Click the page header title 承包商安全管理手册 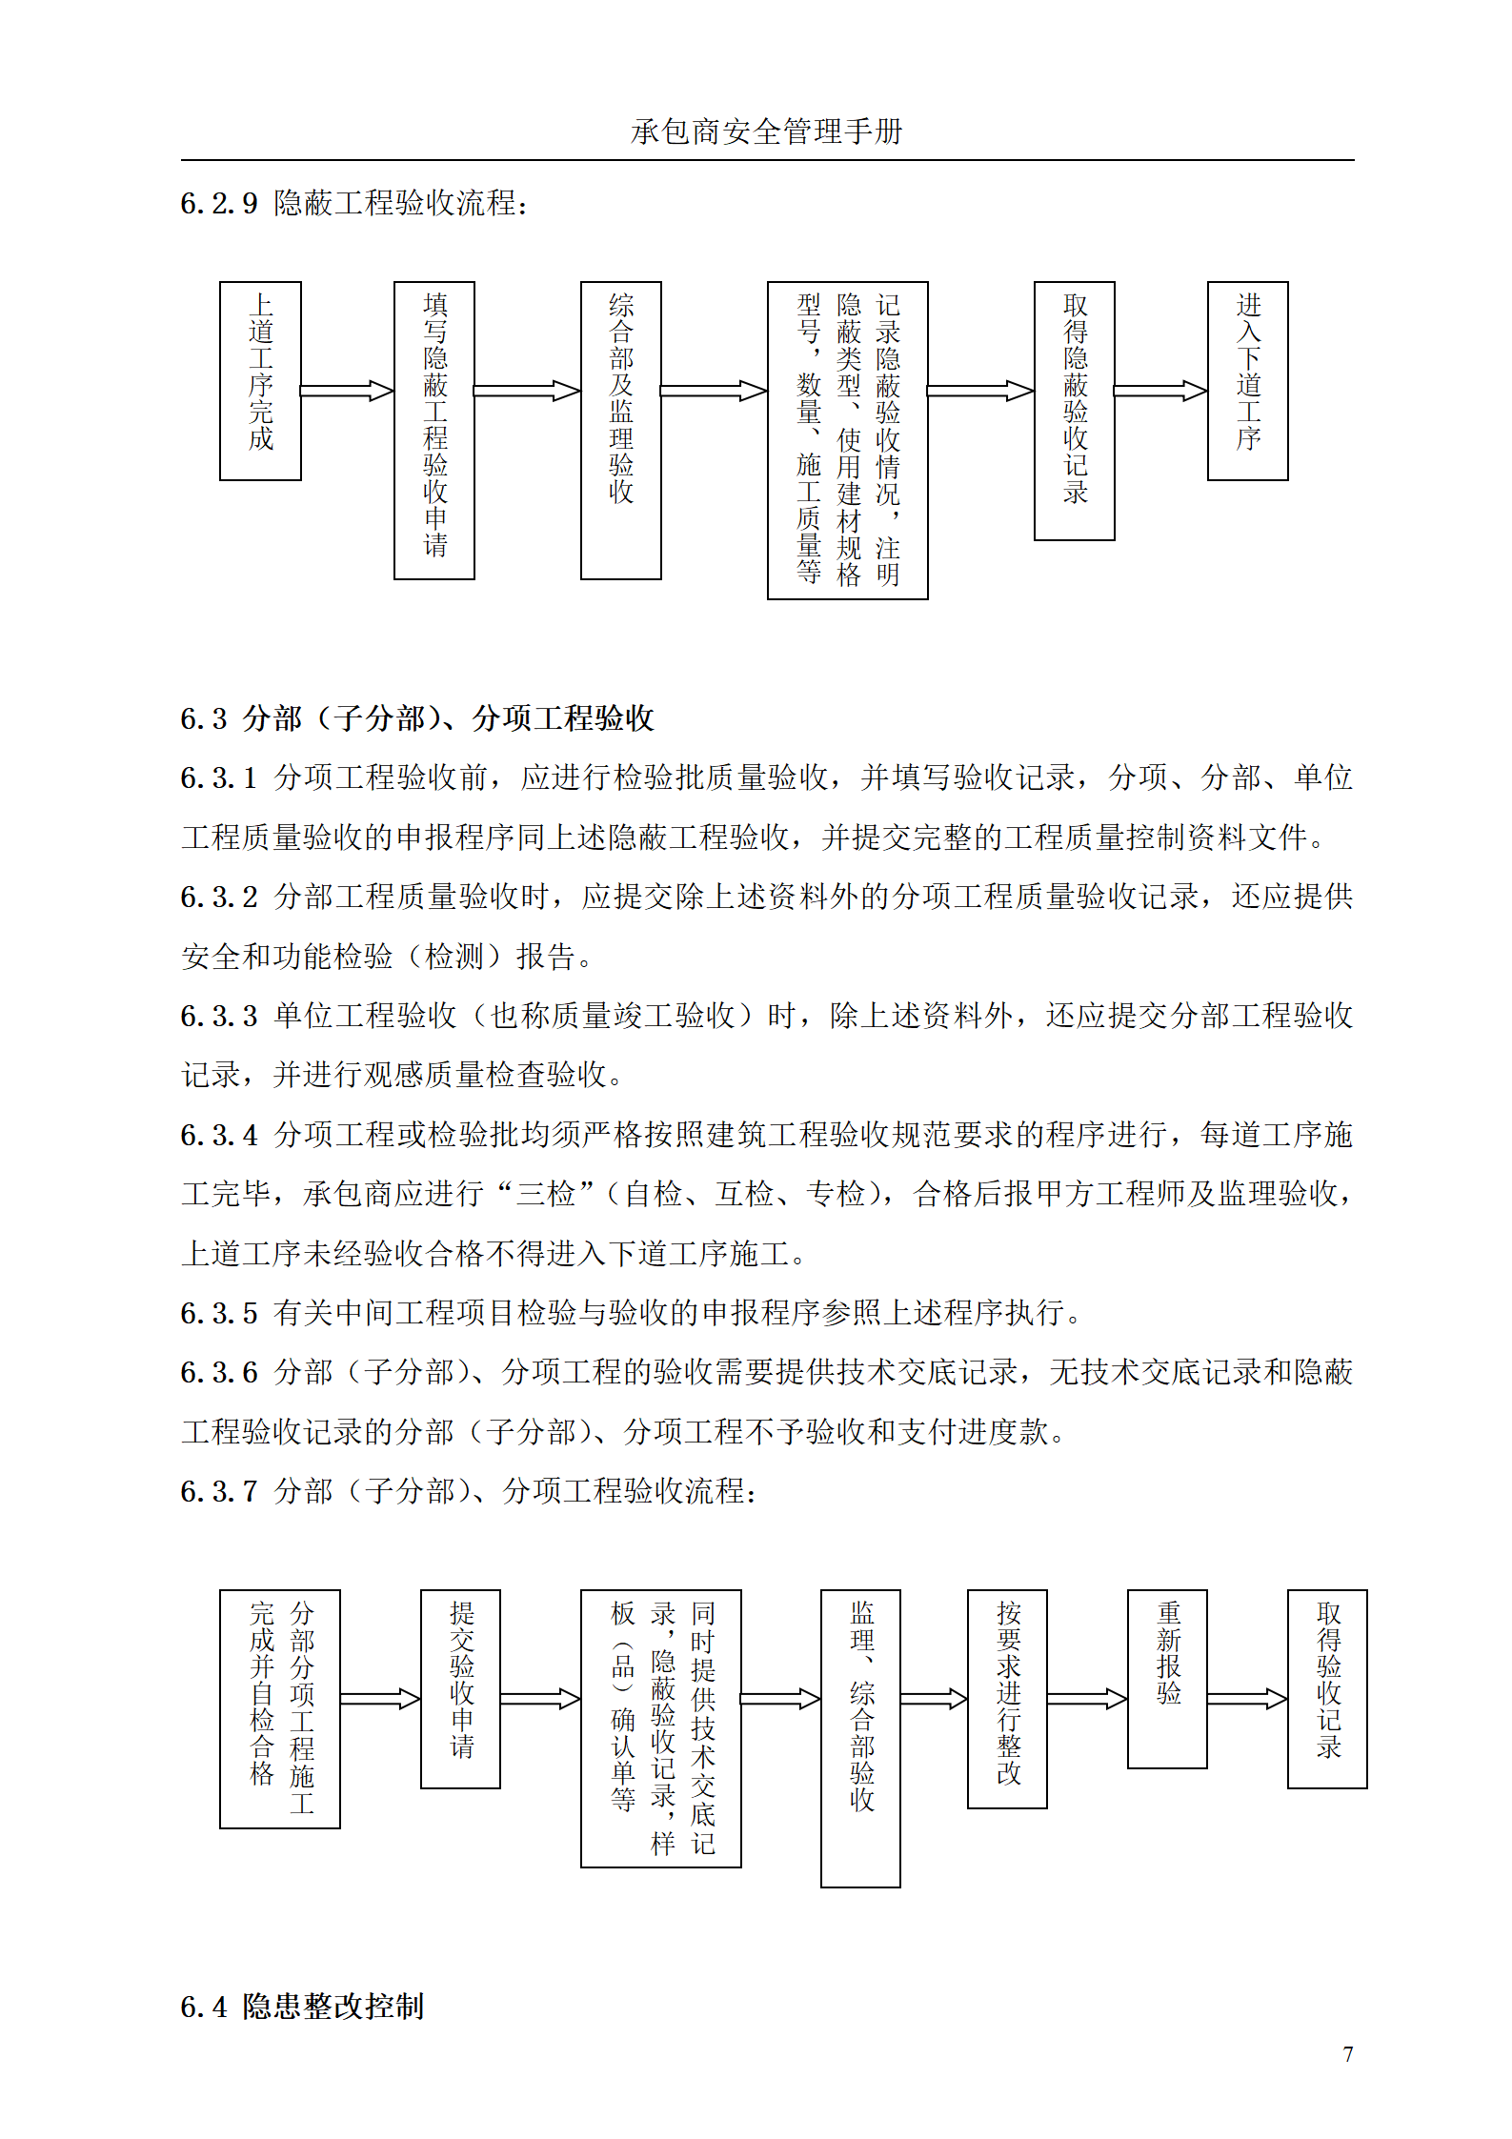[766, 131]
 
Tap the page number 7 [1347, 2053]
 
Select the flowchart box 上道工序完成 [260, 380]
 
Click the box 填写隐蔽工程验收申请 [434, 430]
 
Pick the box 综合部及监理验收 [621, 430]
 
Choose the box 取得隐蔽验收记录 [1075, 411]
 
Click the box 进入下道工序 [1248, 380]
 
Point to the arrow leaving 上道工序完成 [347, 391]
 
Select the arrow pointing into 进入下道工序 [1160, 391]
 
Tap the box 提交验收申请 [461, 1688]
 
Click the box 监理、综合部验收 [861, 1738]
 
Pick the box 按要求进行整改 [1008, 1699]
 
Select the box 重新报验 [1168, 1679]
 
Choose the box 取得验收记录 [1328, 1688]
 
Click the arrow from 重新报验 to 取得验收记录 [1247, 1698]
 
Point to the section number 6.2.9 [219, 204]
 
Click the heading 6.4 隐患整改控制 [302, 2006]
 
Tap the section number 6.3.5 [219, 1313]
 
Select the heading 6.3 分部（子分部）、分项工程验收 [417, 718]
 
